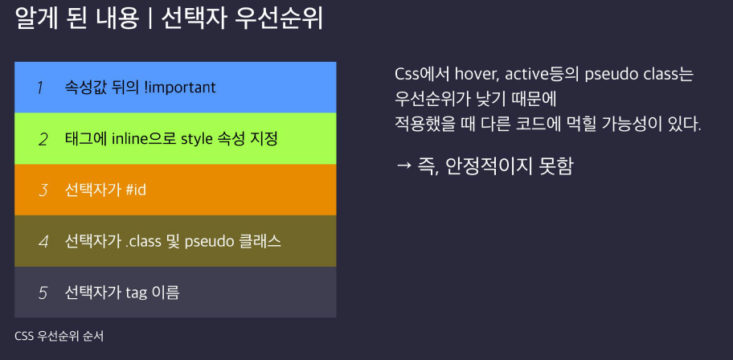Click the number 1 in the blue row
[40, 88]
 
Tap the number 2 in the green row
[43, 139]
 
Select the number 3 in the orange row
[43, 190]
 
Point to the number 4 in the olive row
[43, 242]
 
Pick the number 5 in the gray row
[43, 293]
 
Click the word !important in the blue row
[181, 88]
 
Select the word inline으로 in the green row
[139, 139]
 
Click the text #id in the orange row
[136, 190]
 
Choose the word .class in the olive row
[143, 242]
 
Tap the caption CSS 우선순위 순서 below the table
[59, 336]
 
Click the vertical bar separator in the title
[150, 19]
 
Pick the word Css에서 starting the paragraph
[423, 75]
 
